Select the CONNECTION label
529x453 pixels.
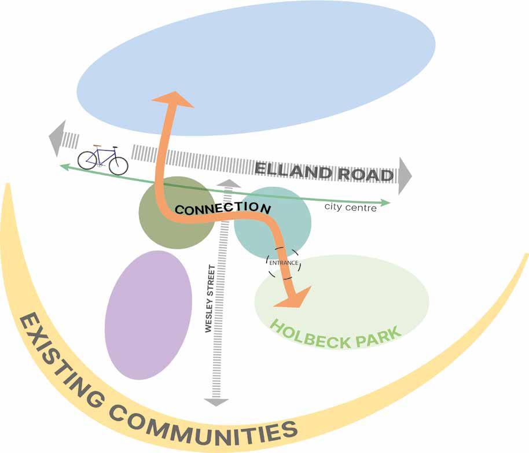(223, 208)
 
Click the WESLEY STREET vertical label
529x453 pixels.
(209, 299)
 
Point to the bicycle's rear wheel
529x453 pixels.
(87, 160)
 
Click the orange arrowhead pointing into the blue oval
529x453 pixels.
(172, 99)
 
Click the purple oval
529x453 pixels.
(148, 315)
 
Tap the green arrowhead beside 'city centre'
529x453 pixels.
(387, 203)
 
